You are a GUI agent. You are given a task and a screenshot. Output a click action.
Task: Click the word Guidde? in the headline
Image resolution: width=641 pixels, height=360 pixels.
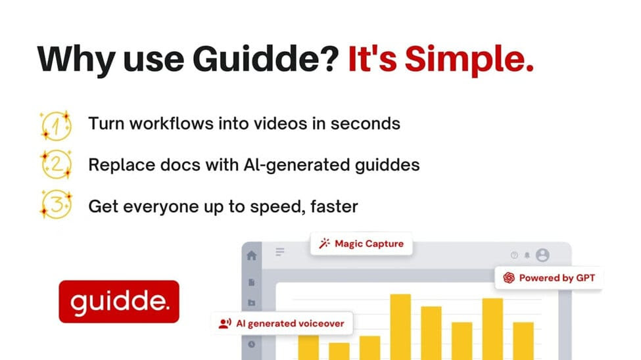(x=266, y=58)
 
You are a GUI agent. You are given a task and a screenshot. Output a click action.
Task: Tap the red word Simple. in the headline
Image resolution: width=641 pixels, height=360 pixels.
(x=469, y=60)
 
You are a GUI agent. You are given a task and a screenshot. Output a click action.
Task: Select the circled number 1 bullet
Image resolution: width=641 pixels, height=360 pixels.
(x=56, y=126)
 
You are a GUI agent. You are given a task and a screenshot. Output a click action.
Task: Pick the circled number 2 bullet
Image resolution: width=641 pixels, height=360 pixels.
(x=56, y=165)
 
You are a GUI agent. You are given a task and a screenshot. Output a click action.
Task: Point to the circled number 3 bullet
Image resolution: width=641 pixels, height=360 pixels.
(x=56, y=204)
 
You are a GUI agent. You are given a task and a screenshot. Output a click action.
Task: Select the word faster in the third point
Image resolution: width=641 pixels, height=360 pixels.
(x=334, y=206)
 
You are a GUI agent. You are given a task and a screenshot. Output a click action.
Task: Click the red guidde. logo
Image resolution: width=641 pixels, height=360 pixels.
(x=119, y=302)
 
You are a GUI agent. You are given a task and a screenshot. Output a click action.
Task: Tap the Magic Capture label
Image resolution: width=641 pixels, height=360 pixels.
(x=362, y=244)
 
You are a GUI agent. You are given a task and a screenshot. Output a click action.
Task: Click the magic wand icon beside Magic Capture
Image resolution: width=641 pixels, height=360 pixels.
(x=325, y=244)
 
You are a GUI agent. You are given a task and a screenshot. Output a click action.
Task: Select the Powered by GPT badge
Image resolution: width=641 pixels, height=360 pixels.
(x=548, y=278)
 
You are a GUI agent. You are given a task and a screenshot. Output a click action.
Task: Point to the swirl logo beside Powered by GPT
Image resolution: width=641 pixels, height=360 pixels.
(x=509, y=278)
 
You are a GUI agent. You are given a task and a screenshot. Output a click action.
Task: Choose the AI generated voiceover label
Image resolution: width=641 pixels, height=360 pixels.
(x=282, y=324)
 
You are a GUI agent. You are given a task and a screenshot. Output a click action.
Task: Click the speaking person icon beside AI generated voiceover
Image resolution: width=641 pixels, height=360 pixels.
(x=225, y=324)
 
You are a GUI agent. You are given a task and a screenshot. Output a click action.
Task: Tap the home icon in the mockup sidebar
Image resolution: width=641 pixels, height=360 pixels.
(x=252, y=256)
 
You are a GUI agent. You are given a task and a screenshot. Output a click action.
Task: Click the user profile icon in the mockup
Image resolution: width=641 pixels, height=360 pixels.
(x=542, y=255)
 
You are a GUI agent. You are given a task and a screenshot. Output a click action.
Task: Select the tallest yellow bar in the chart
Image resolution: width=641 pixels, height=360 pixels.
(x=400, y=327)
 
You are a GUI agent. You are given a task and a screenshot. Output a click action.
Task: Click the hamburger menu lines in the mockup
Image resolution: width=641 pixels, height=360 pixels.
(x=280, y=252)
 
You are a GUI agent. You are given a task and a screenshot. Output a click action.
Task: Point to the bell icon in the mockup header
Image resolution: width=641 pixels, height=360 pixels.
(x=527, y=255)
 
